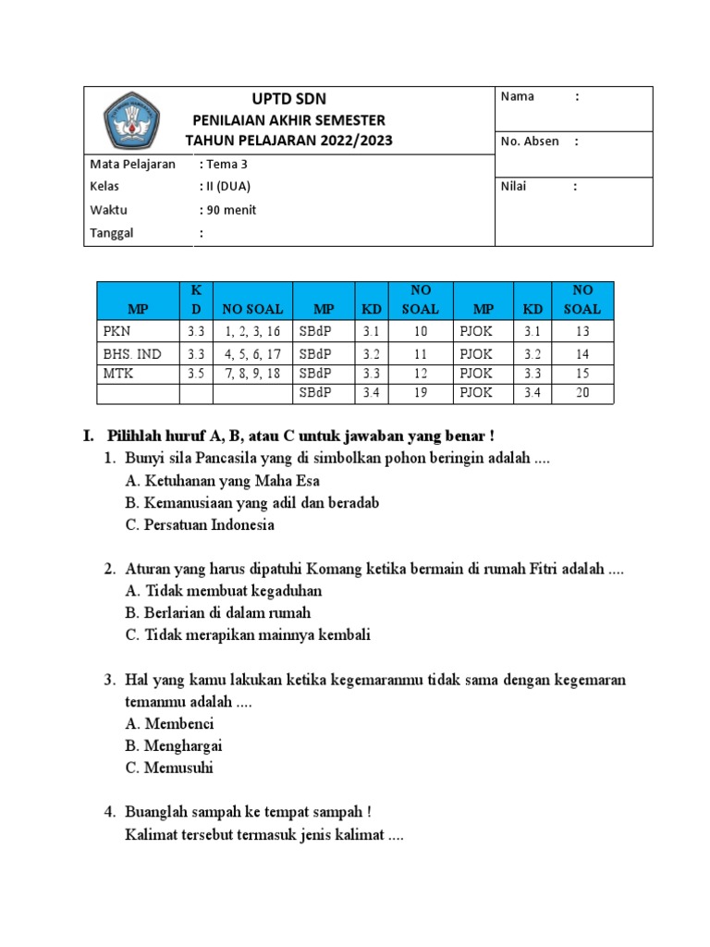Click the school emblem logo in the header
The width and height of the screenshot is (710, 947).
coord(130,120)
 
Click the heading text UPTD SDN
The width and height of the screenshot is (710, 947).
coord(288,99)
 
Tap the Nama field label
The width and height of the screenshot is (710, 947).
coord(517,97)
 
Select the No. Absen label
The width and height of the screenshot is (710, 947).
coord(529,141)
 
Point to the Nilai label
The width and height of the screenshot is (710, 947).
coord(513,186)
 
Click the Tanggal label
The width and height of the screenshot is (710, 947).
coord(112,233)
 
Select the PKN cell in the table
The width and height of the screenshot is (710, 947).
coord(116,331)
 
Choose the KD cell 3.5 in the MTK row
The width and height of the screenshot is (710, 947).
coord(195,373)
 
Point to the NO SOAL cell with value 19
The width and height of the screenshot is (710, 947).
coord(421,393)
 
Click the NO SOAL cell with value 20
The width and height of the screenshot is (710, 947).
coord(582,393)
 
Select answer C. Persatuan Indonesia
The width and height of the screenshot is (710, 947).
coord(200,525)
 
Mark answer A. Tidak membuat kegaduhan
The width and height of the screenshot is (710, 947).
coord(224,591)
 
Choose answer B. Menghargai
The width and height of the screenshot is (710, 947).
coord(174,745)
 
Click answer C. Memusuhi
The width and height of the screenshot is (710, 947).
coord(169,768)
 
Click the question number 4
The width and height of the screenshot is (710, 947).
coord(109,812)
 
